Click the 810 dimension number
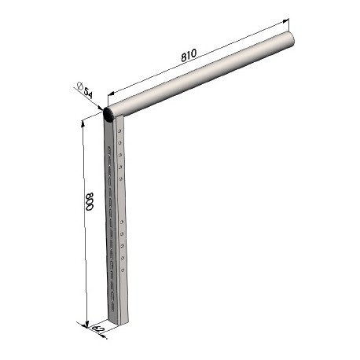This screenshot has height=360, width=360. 189,55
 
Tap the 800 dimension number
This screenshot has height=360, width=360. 90,201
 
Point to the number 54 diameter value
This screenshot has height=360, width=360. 88,93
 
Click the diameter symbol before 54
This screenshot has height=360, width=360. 79,86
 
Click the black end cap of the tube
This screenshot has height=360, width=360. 108,114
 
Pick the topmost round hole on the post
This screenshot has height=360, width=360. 119,130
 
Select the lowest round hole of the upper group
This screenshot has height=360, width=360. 120,179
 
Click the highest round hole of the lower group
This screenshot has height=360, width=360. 121,222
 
